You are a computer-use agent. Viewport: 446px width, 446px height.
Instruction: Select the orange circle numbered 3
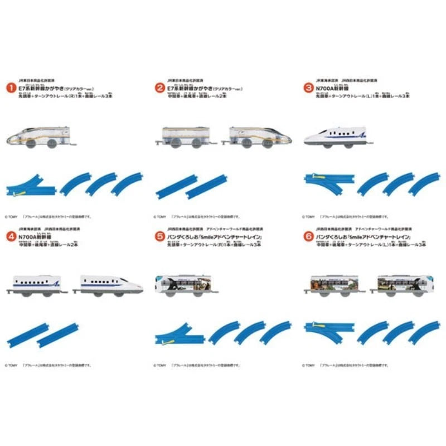point(307,88)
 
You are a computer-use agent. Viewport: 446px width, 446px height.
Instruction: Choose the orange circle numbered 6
point(307,236)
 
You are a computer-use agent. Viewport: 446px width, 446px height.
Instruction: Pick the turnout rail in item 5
point(178,332)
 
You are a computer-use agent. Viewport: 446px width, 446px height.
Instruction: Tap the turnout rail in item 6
point(327,332)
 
